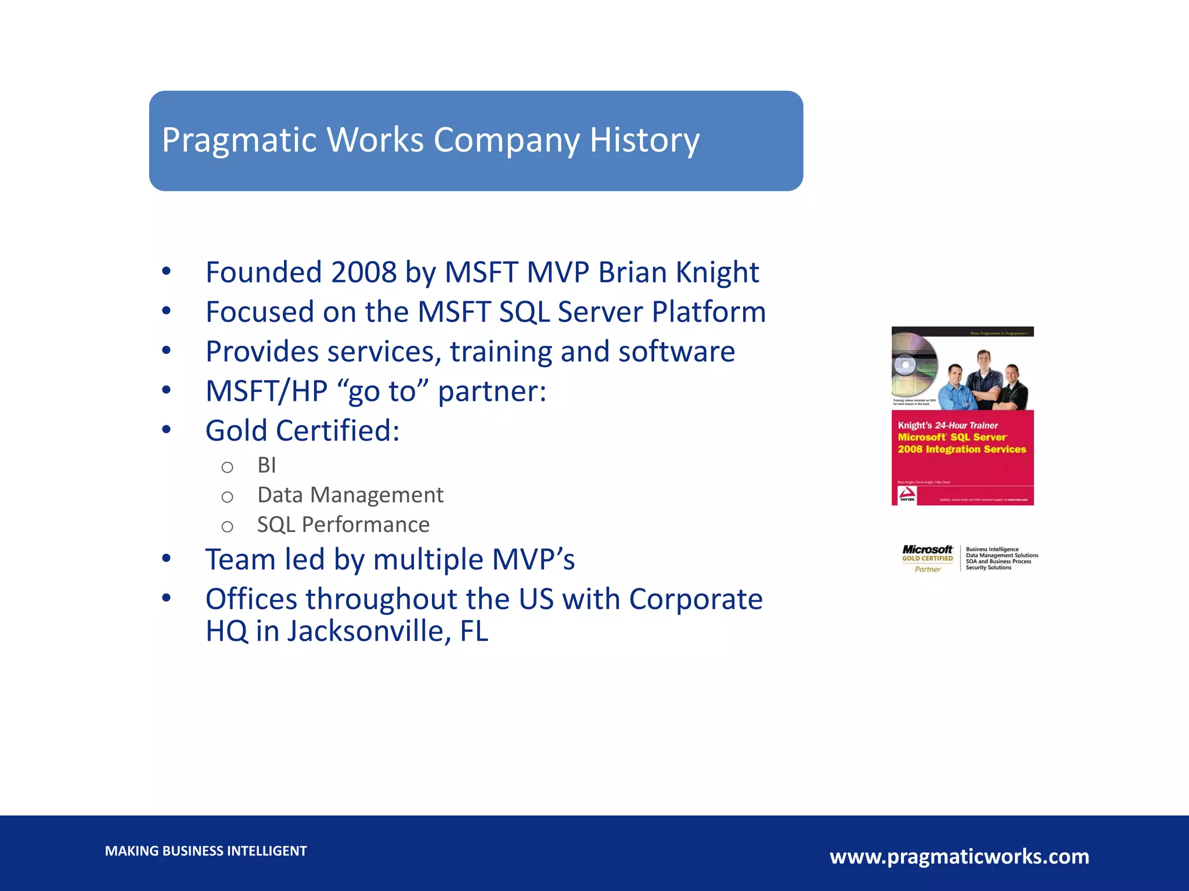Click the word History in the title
pos(644,140)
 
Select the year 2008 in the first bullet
pos(363,272)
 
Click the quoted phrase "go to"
pos(383,391)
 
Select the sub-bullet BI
pos(266,465)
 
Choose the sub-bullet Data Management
pos(350,495)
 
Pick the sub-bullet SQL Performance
pos(343,524)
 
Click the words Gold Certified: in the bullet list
pos(302,430)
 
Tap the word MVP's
pos(533,559)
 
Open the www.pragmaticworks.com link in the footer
pos(959,856)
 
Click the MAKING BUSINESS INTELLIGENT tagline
pos(206,851)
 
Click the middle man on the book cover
pos(983,380)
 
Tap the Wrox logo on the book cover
pos(907,495)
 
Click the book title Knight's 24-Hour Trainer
pos(947,425)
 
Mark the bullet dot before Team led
pos(167,559)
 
